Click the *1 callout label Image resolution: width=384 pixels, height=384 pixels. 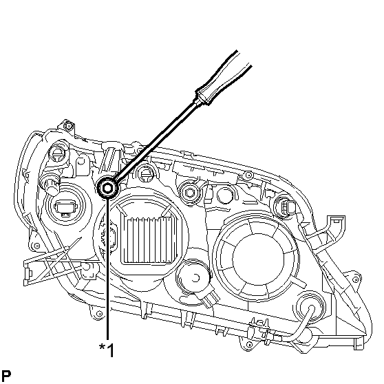pos(107,350)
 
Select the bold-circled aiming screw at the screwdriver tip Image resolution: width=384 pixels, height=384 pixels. pos(107,189)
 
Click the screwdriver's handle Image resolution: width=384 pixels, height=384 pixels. pos(223,78)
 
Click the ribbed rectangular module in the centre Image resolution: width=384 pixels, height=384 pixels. pos(149,239)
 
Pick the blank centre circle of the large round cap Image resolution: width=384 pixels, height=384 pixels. pos(257,259)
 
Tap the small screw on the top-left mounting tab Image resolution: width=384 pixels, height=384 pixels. pos(69,126)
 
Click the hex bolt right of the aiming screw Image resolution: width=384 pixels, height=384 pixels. pos(190,193)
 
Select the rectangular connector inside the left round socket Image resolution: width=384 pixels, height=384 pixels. pos(65,208)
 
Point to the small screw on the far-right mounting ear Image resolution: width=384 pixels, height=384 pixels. pos(356,279)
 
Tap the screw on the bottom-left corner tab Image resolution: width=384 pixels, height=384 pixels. pos(99,314)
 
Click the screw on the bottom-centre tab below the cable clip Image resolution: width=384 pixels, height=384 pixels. pos(249,345)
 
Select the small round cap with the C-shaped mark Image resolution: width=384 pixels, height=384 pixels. pos(194,277)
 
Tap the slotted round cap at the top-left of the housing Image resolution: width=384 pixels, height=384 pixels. pos(57,152)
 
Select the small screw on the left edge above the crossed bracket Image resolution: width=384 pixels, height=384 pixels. pos(37,246)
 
